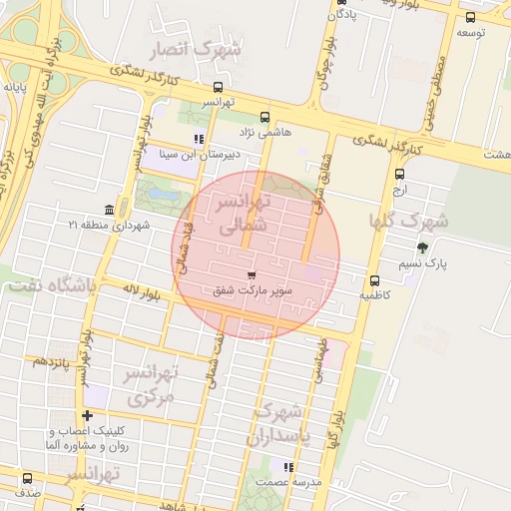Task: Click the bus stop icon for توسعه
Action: tap(470, 17)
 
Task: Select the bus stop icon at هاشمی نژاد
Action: tap(264, 116)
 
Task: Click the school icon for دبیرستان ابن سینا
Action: tap(199, 139)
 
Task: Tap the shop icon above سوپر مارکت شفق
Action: tap(250, 273)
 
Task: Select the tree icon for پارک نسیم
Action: tap(422, 248)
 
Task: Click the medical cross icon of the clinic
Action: tap(88, 415)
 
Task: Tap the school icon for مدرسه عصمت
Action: tap(288, 466)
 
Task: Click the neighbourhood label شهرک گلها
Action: tap(409, 220)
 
